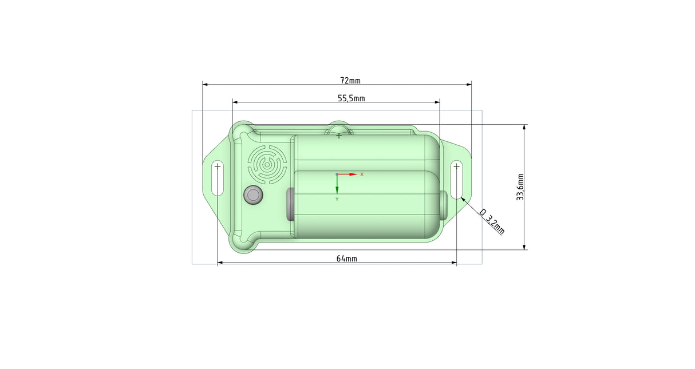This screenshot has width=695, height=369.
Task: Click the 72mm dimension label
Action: pos(350,81)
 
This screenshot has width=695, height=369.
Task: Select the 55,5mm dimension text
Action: pos(352,98)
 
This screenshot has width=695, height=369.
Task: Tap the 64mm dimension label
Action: pos(347,259)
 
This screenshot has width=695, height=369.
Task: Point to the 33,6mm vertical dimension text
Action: pos(520,187)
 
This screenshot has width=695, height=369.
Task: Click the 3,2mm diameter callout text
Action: pos(492,221)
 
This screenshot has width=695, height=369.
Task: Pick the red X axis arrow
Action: pos(348,174)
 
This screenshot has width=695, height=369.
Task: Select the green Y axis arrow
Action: pos(337,185)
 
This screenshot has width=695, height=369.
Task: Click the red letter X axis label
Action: pos(362,174)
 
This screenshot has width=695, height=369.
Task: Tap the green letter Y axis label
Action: pos(337,199)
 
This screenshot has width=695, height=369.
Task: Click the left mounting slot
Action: pos(218,178)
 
